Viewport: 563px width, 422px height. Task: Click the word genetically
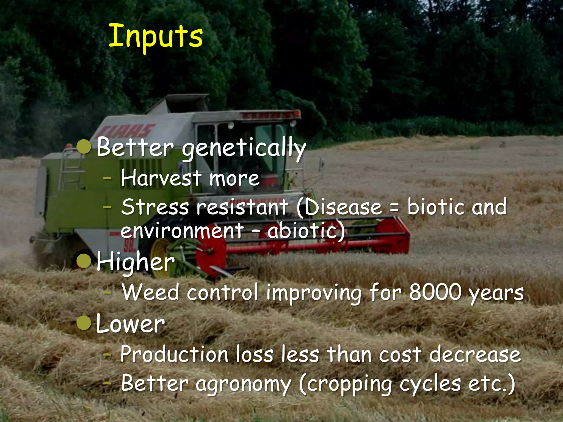244,148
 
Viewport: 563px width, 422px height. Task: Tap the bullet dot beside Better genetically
84,147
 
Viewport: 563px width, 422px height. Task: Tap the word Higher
136,262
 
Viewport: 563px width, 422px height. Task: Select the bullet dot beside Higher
84,261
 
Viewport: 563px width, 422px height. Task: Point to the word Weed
151,292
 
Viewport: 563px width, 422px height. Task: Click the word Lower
130,324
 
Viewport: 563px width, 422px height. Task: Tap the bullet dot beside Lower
84,323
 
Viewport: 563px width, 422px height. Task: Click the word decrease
475,354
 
